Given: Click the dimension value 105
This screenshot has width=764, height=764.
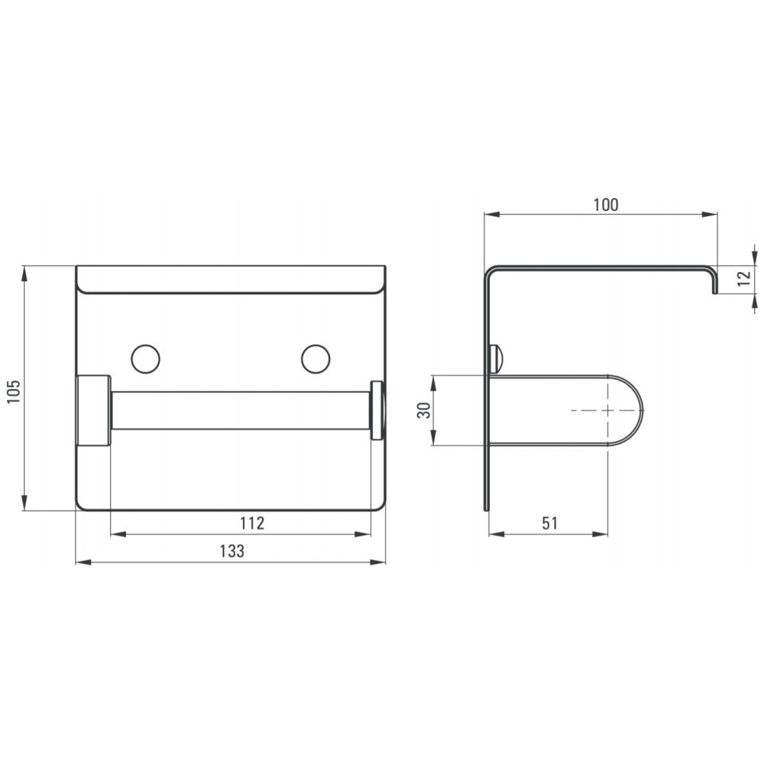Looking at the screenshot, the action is [14, 391].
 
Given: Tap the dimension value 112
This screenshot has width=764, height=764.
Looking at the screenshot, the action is [252, 523].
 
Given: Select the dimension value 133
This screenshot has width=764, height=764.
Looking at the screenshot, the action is [232, 551].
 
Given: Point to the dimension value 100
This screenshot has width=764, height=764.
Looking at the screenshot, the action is [606, 205].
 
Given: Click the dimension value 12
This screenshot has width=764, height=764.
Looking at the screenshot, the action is [744, 278].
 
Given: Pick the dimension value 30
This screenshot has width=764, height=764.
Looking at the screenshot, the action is [424, 410].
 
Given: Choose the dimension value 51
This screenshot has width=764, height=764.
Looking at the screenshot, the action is [549, 523].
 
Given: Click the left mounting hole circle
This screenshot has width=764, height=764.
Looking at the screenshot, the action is [146, 359].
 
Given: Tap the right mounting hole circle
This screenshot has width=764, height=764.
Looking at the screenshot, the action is [316, 359].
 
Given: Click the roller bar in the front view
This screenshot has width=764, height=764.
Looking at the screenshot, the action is [241, 410].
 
